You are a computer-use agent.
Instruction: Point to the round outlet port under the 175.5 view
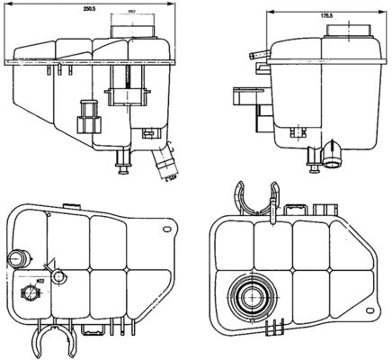(x=334, y=160)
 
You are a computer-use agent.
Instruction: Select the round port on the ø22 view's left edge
(x=15, y=259)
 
